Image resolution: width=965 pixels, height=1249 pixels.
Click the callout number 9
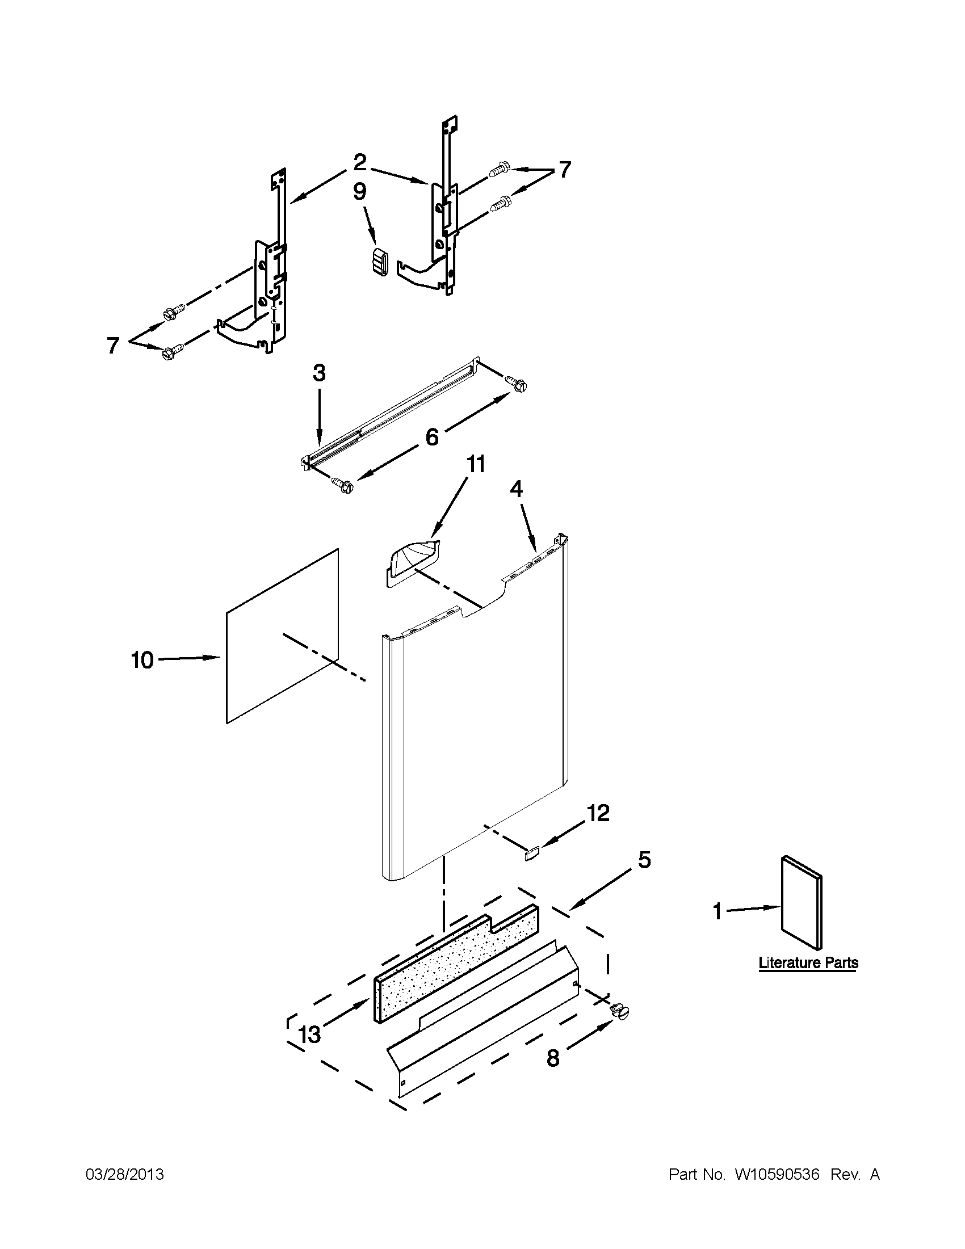(x=359, y=192)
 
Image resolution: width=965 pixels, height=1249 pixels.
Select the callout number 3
(x=319, y=373)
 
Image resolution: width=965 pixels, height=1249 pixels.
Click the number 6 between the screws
(x=432, y=438)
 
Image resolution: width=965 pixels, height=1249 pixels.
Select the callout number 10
(x=142, y=661)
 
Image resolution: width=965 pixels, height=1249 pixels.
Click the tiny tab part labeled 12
(x=531, y=855)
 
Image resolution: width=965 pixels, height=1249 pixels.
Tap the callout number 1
(x=718, y=911)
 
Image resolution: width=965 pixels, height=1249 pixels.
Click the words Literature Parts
(x=808, y=962)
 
